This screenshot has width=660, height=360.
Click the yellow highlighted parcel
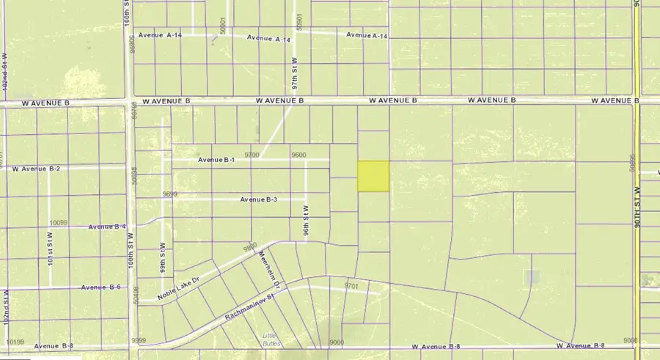[x=373, y=177]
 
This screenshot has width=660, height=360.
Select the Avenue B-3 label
[x=259, y=199]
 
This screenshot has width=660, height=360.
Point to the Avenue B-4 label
[x=107, y=227]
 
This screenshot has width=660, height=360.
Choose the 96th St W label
[x=305, y=219]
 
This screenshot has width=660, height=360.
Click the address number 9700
[x=252, y=155]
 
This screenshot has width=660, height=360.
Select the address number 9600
[x=298, y=155]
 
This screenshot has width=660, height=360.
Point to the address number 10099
[x=58, y=223]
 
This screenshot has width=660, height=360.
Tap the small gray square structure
[x=533, y=276]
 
